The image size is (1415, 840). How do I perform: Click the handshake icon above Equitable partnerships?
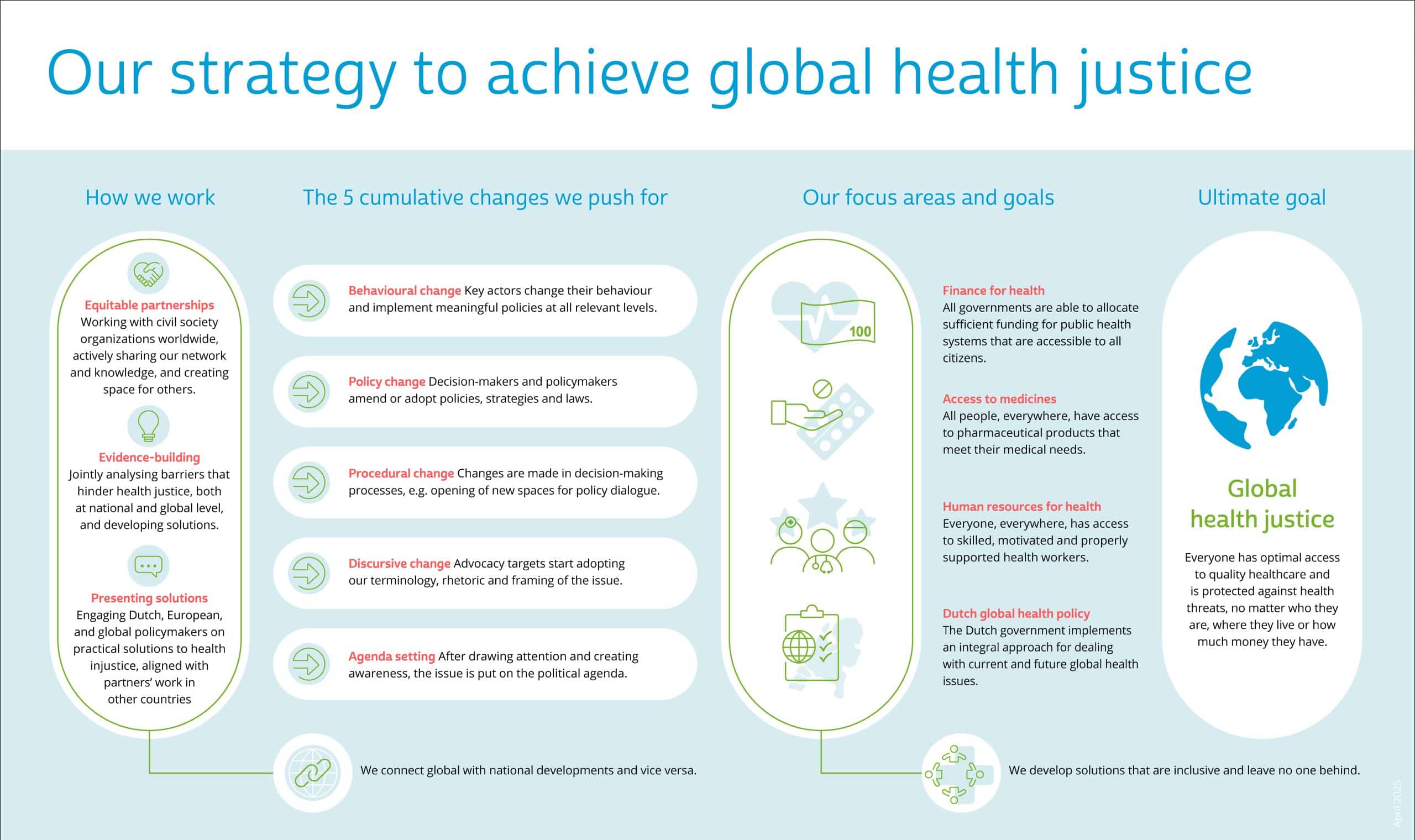[x=149, y=274]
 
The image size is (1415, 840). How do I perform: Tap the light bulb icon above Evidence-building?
[x=148, y=426]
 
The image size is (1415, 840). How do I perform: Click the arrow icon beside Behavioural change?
[x=308, y=301]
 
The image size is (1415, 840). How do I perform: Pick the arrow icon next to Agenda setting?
[x=308, y=664]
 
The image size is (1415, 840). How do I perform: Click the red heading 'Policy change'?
[x=386, y=381]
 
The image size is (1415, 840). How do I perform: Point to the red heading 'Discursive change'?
[x=399, y=564]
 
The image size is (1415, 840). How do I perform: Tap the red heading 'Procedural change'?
[x=401, y=473]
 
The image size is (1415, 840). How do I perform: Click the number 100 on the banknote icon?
[x=860, y=332]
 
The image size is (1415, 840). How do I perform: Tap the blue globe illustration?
[x=1264, y=386]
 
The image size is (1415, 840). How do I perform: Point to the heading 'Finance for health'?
[x=993, y=290]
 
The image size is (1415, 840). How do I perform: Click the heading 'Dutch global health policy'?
[x=1016, y=613]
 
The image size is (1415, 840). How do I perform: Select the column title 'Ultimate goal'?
[x=1261, y=197]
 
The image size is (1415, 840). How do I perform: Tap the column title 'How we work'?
[x=150, y=197]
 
